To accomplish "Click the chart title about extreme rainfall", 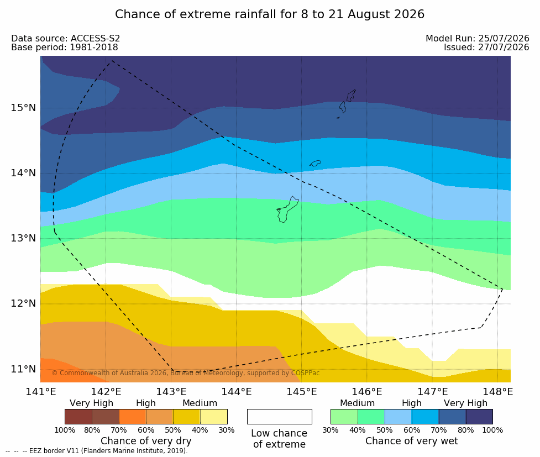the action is pos(270,14).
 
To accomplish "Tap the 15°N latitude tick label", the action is pos(23,108).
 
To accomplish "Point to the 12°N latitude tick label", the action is pos(23,303).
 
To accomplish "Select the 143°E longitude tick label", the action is pos(171,392).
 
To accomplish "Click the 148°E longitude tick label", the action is pos(497,392).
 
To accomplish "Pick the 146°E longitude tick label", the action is pos(367,392).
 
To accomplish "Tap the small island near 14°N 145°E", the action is pos(316,163).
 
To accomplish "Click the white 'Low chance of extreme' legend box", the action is pos(280,417).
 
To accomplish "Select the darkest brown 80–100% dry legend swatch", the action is pos(78,417).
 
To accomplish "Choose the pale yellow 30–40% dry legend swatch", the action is pos(213,417).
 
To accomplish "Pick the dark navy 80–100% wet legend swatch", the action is pos(479,417).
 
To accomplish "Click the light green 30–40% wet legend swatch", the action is pos(344,417).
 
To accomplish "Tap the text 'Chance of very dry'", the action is pos(146,441).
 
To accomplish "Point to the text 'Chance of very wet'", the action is pos(412,441).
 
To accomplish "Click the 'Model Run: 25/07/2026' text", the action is pos(478,38).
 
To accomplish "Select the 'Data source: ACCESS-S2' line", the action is pos(65,38).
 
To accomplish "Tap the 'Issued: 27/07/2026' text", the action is pos(486,47).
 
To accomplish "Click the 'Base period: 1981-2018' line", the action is pos(65,47).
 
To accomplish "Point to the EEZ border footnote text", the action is pos(96,451).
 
